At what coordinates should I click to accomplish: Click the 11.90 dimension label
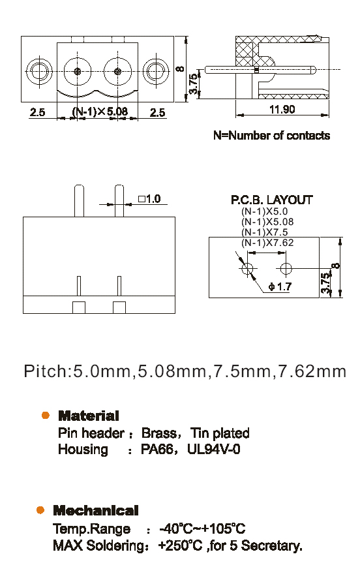click(282, 110)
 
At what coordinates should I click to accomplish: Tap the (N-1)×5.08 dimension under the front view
click(100, 112)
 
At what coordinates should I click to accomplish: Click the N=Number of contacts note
click(272, 136)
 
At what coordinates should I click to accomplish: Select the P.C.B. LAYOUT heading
click(272, 200)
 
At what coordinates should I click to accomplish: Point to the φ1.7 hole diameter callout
click(280, 286)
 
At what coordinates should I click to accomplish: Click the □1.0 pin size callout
click(149, 199)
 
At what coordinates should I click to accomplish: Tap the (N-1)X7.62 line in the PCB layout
click(267, 243)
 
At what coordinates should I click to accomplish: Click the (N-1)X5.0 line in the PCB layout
click(264, 211)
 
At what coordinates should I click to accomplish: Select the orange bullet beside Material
click(46, 416)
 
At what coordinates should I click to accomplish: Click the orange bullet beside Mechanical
click(40, 510)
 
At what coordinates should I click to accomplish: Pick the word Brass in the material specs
click(159, 433)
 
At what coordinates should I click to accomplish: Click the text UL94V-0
click(213, 449)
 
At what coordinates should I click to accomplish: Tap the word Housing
click(83, 449)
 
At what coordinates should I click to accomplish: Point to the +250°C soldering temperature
click(180, 545)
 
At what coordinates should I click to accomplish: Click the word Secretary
click(272, 545)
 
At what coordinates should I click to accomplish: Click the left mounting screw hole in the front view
click(39, 70)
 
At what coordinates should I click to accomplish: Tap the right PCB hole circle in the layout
click(286, 268)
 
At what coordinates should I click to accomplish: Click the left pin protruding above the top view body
click(79, 201)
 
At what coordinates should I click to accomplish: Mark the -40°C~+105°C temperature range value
click(202, 528)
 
